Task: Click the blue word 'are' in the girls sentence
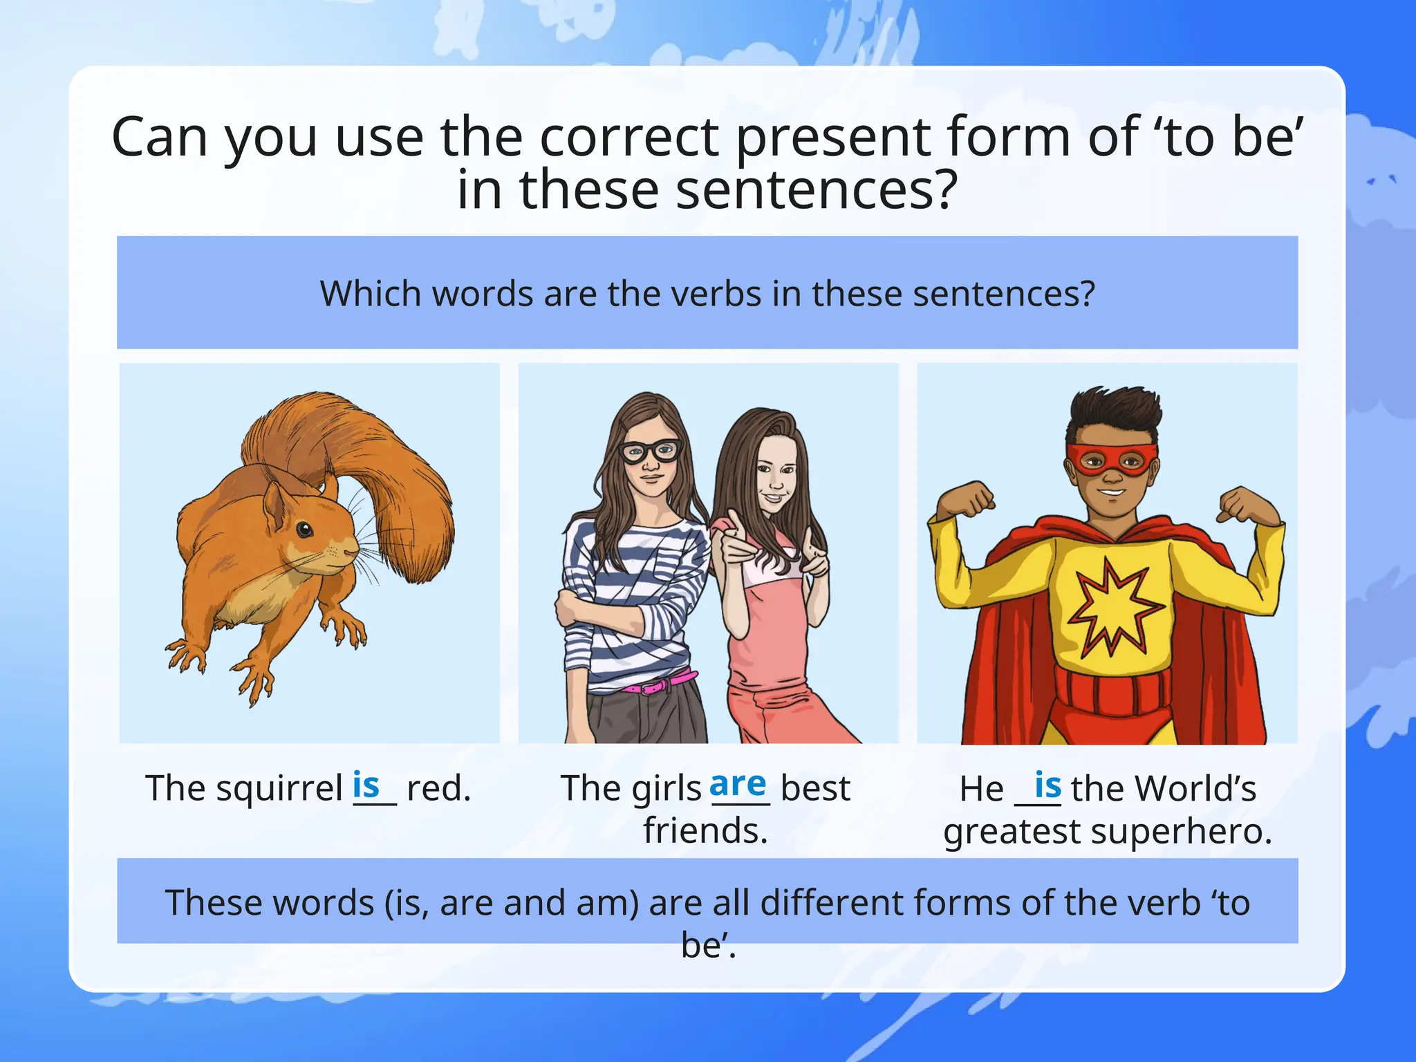(x=738, y=785)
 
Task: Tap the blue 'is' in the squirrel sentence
(x=366, y=785)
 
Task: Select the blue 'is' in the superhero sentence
(x=1047, y=785)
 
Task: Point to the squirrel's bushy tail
(x=387, y=470)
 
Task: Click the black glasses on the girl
(x=649, y=451)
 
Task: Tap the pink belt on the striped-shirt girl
(x=658, y=684)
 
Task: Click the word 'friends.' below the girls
(x=705, y=830)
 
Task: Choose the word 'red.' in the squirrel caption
(x=439, y=788)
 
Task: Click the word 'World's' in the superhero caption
(x=1195, y=788)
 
